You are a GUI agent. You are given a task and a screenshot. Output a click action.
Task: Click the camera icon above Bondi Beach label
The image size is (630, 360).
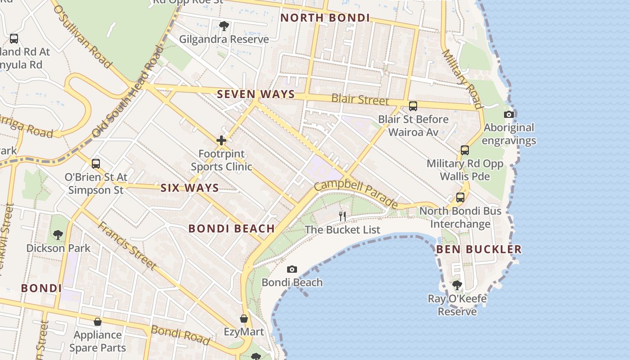tap(292, 270)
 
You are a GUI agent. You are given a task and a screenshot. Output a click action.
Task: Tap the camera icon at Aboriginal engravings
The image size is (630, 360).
tap(509, 115)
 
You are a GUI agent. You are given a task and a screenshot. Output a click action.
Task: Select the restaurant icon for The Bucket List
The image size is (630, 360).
tap(342, 216)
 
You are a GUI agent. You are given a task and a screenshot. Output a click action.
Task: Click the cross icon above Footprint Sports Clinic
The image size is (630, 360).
tap(221, 141)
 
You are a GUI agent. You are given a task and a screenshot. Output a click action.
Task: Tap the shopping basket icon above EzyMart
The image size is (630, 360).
tap(244, 319)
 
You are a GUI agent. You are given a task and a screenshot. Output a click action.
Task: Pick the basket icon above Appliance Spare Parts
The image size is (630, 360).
tap(98, 322)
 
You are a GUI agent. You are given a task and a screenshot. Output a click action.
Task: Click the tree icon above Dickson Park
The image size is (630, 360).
tap(58, 234)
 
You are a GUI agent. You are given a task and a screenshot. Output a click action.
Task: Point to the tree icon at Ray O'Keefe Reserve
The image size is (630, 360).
tap(457, 285)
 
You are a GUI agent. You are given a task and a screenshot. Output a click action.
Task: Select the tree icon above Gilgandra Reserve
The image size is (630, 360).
tap(224, 26)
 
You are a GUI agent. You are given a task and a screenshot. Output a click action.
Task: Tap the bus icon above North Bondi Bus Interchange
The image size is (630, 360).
tap(460, 198)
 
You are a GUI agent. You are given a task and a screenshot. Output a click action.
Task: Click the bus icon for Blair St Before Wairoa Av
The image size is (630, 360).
tap(413, 106)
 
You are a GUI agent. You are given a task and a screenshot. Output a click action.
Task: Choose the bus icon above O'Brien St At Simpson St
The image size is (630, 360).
tap(95, 164)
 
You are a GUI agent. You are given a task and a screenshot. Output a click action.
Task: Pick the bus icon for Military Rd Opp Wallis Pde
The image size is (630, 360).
tap(464, 150)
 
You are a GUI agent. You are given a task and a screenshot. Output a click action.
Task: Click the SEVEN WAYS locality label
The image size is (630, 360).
tap(256, 94)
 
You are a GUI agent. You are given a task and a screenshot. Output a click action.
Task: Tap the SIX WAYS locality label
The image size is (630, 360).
tap(189, 188)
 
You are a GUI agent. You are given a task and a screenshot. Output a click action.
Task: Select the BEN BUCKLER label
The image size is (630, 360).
tap(478, 249)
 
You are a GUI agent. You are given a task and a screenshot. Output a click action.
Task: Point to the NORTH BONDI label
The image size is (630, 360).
tap(325, 18)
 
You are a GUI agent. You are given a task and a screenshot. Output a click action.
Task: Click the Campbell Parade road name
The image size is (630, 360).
tap(355, 194)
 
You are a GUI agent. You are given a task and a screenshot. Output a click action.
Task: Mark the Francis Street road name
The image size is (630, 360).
tap(127, 246)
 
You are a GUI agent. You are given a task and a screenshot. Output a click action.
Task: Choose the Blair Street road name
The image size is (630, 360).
tap(360, 99)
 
